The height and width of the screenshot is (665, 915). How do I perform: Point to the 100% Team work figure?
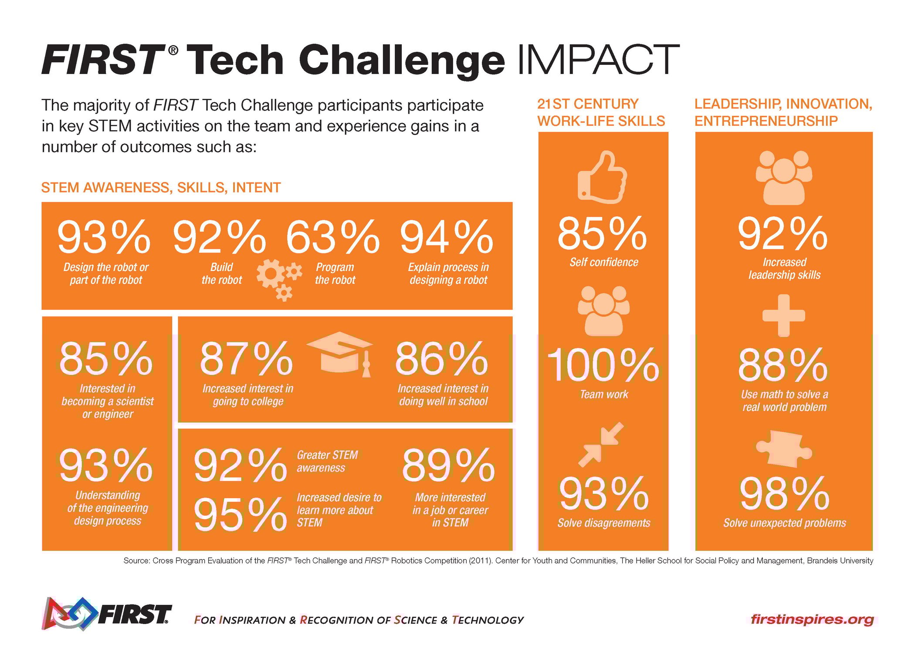(x=603, y=365)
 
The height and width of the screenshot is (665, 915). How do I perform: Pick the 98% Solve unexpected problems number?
(x=784, y=494)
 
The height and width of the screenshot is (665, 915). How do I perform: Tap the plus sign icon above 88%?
(x=783, y=315)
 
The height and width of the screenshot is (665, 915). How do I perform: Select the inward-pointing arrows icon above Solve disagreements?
(x=601, y=444)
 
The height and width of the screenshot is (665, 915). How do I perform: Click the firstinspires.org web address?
(x=812, y=619)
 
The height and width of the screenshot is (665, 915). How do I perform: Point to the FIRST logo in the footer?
(x=107, y=614)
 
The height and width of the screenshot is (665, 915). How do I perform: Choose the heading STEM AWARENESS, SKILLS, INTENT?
(x=161, y=188)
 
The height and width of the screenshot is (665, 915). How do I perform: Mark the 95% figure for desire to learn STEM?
(x=240, y=515)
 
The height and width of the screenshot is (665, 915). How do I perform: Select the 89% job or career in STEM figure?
(x=448, y=466)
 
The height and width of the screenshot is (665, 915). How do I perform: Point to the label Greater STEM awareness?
(x=327, y=462)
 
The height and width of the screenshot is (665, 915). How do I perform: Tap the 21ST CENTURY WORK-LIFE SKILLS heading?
(x=600, y=112)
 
